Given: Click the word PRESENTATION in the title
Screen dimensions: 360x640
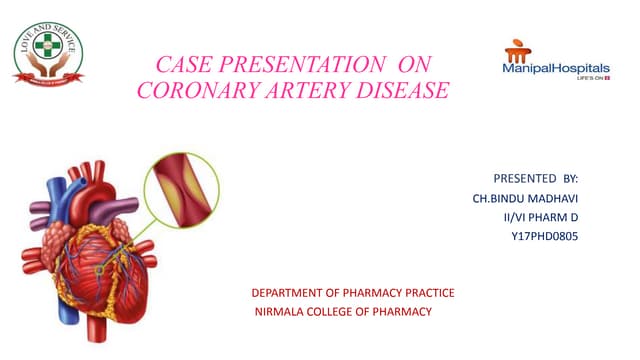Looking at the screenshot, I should pyautogui.click(x=299, y=63).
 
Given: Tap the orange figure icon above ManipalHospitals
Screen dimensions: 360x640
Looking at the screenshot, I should pyautogui.click(x=519, y=48).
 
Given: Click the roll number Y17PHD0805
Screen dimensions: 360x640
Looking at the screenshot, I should pyautogui.click(x=545, y=236).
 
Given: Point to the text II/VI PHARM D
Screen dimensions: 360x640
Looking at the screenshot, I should pyautogui.click(x=541, y=217).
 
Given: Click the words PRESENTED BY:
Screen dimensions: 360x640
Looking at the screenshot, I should pyautogui.click(x=536, y=178).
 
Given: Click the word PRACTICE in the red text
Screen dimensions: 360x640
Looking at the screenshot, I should pyautogui.click(x=427, y=292).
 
